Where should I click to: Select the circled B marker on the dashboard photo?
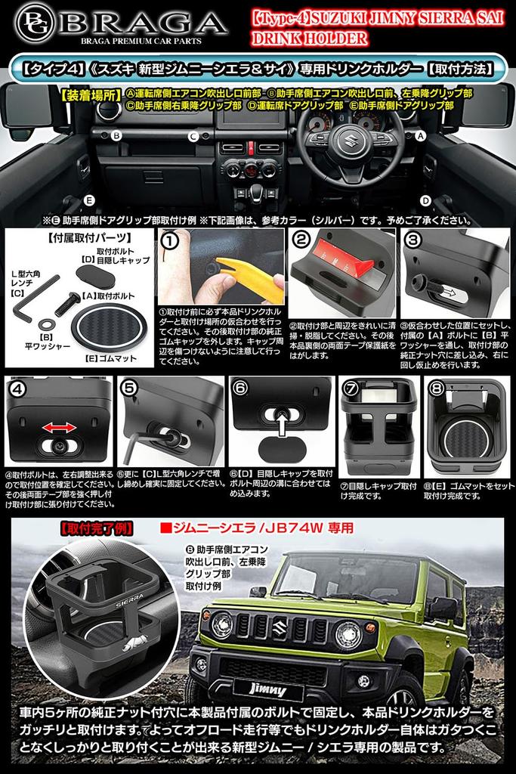(x=116, y=136)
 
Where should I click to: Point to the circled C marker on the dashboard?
(x=194, y=137)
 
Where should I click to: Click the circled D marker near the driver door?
(x=426, y=200)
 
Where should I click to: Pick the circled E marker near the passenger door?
(x=89, y=200)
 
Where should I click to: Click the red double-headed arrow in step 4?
(x=58, y=429)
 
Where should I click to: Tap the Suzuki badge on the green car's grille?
(x=280, y=624)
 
